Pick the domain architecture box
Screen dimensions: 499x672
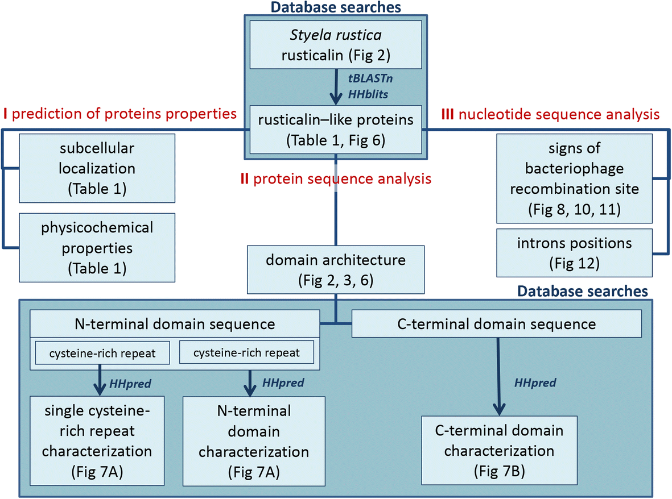point(335,269)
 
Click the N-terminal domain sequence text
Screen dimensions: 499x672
point(175,324)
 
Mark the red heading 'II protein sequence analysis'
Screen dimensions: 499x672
point(336,179)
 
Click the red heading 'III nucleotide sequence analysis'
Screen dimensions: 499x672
point(550,114)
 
